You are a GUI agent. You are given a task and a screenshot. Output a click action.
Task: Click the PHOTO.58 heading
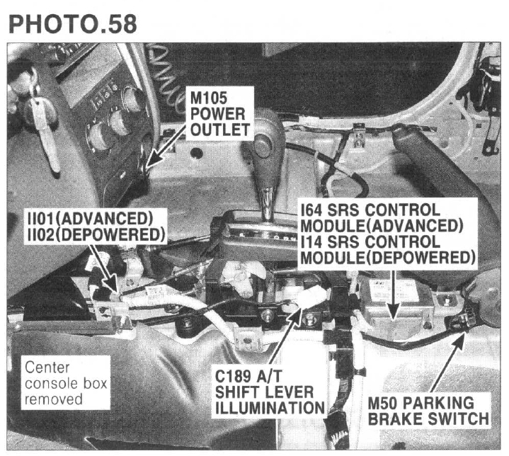pos(73,23)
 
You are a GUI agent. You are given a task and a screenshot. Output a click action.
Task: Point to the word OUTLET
pos(219,130)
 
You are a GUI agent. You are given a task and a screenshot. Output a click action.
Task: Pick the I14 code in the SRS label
pos(311,241)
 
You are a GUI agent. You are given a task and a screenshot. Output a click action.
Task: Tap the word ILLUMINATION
pos(270,408)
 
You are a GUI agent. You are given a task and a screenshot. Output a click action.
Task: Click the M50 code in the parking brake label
pos(382,403)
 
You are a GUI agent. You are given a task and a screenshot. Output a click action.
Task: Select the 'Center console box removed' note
pos(66,384)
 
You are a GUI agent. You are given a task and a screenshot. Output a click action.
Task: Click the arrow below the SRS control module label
pos(394,295)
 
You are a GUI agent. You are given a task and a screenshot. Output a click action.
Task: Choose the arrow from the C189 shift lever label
pos(286,337)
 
